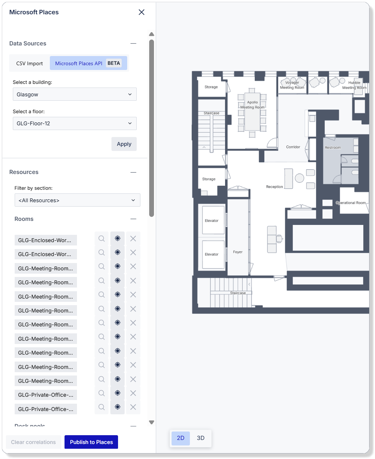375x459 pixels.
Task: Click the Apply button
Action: (x=124, y=144)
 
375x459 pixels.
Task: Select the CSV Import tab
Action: (x=30, y=63)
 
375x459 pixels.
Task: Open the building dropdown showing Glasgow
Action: (x=75, y=94)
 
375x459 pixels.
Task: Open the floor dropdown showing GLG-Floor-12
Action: (x=75, y=123)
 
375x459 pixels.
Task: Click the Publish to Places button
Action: (x=91, y=442)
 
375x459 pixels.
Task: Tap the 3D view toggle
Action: (x=201, y=438)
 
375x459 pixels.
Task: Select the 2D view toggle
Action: (x=181, y=438)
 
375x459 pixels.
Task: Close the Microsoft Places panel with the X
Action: (x=141, y=12)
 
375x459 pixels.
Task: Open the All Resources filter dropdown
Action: (x=77, y=200)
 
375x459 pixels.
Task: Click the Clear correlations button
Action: (x=33, y=442)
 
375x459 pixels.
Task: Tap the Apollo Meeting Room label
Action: (x=252, y=105)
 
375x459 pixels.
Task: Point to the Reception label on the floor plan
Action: (x=275, y=187)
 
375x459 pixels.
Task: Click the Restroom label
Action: (x=333, y=148)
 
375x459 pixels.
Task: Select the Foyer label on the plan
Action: (x=238, y=252)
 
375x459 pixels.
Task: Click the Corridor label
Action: (x=293, y=147)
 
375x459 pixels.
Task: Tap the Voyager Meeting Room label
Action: (x=292, y=85)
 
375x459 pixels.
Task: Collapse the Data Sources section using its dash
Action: (x=133, y=43)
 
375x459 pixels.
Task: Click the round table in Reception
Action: (x=299, y=178)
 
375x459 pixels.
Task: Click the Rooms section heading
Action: (x=24, y=219)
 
